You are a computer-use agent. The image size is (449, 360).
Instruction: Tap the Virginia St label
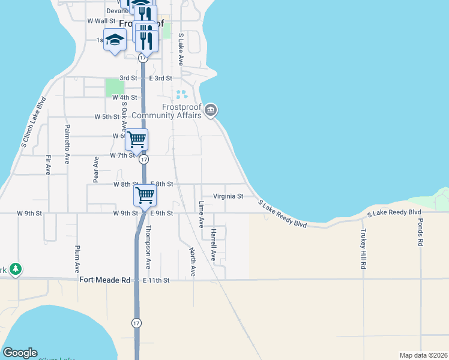(229, 196)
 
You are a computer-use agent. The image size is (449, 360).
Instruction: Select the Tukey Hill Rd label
(363, 247)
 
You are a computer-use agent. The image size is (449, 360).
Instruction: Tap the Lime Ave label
(201, 215)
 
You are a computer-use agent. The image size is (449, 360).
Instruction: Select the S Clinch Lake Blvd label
(34, 122)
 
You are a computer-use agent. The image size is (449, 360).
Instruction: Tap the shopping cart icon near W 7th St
(137, 139)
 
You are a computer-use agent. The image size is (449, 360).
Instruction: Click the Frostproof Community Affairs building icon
(210, 110)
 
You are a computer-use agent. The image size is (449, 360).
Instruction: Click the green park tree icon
(16, 269)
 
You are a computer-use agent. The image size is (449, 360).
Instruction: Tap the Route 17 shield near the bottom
(137, 323)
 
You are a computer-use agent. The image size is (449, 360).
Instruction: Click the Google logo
(19, 353)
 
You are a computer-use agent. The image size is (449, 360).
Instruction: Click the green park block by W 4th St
(114, 88)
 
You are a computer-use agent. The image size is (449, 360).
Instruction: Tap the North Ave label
(193, 262)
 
